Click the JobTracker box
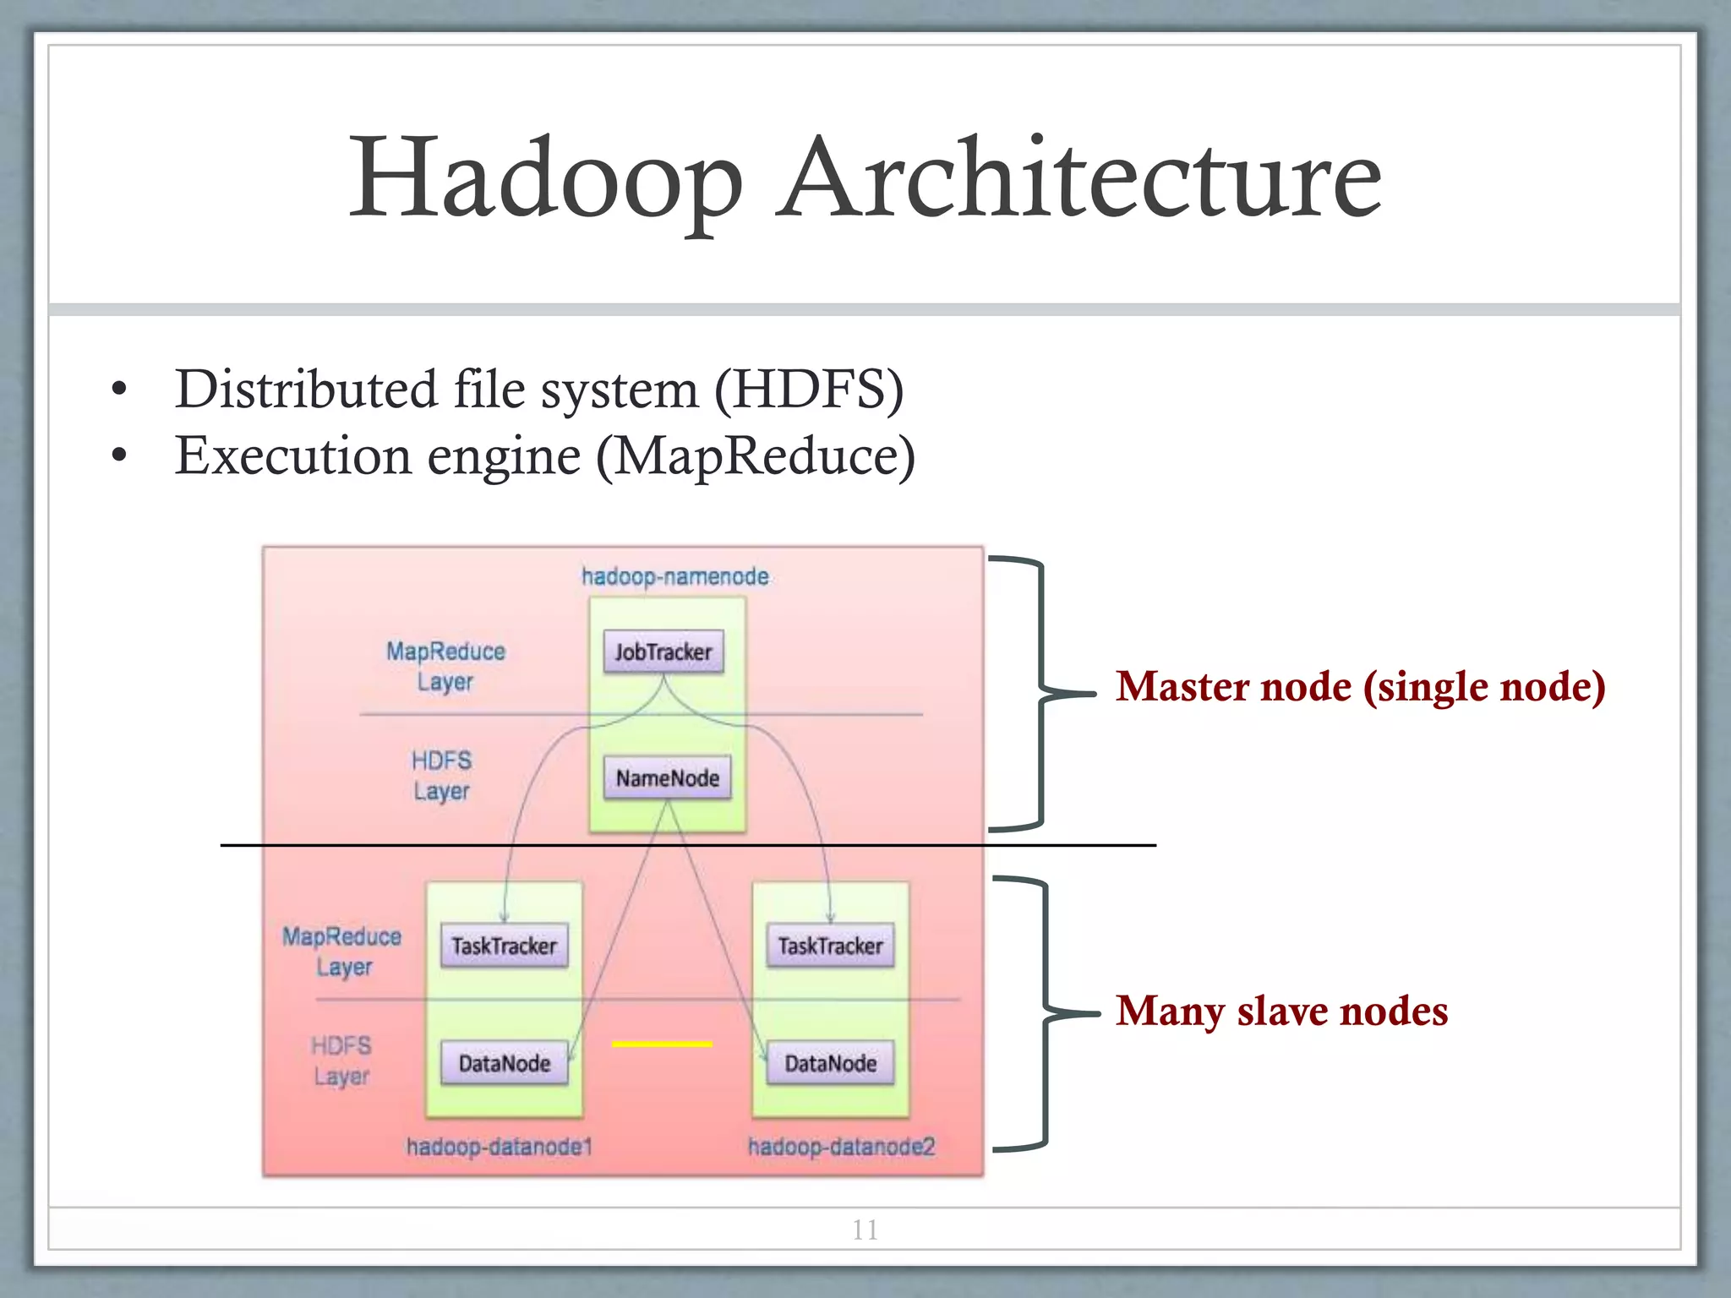click(663, 652)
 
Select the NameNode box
click(667, 777)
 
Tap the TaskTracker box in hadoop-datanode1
click(504, 946)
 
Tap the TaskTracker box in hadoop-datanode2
click(830, 946)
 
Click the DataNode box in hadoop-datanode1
click(504, 1063)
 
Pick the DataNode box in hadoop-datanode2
click(830, 1063)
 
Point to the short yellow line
click(662, 1044)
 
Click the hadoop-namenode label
click(674, 576)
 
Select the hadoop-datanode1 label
click(499, 1147)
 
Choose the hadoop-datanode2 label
click(841, 1147)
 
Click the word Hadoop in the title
click(545, 179)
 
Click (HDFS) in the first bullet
click(809, 390)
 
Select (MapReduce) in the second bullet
click(755, 456)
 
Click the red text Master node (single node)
click(1360, 686)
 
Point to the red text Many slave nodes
click(1281, 1011)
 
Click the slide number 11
click(865, 1230)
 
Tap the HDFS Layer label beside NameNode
click(441, 776)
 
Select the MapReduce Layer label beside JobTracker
click(445, 666)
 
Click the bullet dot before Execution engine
click(119, 456)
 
